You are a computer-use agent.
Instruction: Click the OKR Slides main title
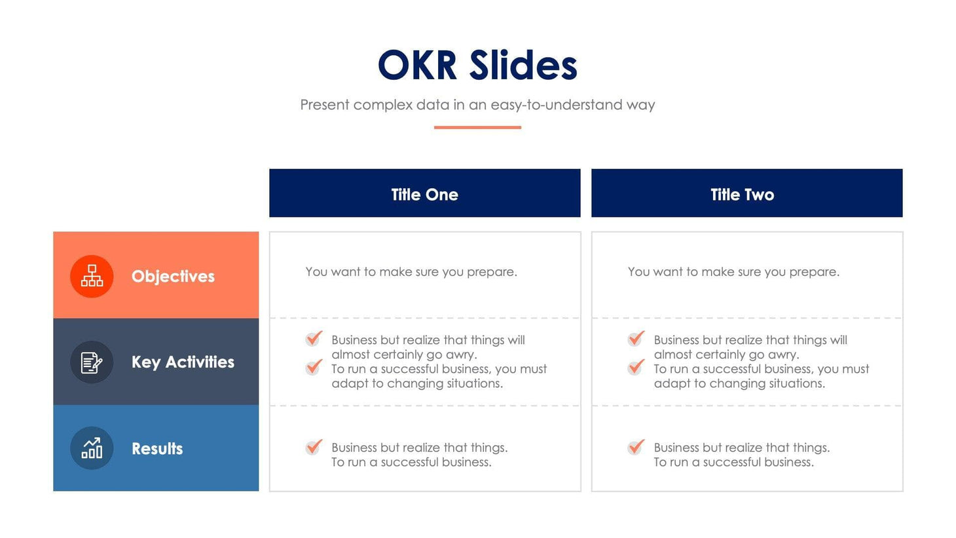click(x=477, y=66)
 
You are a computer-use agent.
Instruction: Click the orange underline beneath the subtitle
click(x=477, y=127)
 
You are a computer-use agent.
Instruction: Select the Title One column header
click(x=424, y=194)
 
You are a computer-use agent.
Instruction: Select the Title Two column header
click(x=742, y=194)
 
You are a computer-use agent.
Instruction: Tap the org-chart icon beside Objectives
click(x=92, y=277)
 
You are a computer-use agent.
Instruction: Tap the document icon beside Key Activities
click(x=92, y=362)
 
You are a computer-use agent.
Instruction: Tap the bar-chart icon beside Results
click(x=92, y=448)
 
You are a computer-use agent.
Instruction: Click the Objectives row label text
click(x=173, y=277)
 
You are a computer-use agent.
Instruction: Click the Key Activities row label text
click(x=183, y=362)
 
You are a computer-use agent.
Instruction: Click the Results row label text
click(x=157, y=449)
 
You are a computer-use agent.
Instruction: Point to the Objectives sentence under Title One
click(x=411, y=272)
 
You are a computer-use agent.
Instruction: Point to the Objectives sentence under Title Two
click(x=733, y=272)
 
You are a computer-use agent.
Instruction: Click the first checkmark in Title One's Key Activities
click(x=314, y=338)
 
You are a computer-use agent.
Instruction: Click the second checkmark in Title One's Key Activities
click(x=314, y=367)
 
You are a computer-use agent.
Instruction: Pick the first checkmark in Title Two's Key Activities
click(x=636, y=338)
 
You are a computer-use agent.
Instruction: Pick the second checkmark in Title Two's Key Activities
click(x=636, y=367)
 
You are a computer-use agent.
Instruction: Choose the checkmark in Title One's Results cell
click(x=314, y=447)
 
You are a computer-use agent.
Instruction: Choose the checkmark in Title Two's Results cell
click(x=636, y=447)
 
